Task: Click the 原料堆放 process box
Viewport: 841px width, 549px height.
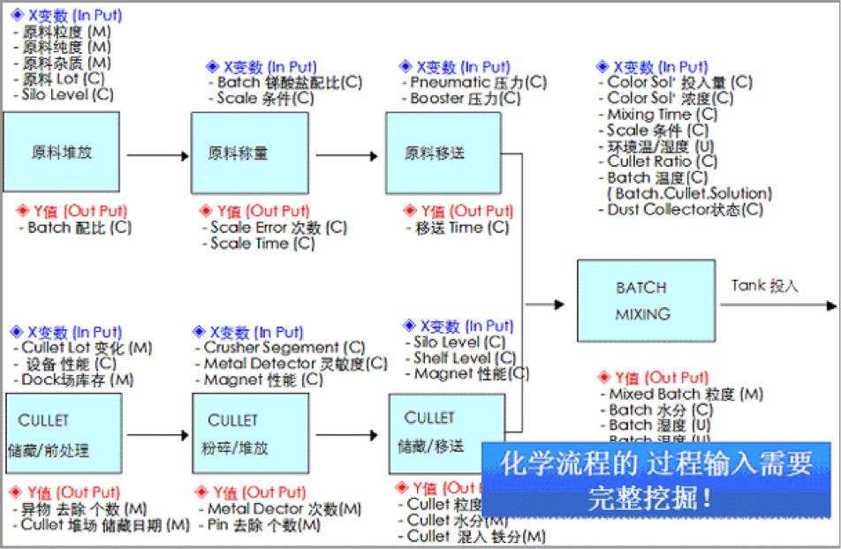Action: tap(61, 152)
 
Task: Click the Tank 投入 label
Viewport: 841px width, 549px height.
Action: tap(764, 285)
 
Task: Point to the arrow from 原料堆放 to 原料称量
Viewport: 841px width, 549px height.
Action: tap(157, 156)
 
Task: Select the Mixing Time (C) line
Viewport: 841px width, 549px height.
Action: tap(662, 114)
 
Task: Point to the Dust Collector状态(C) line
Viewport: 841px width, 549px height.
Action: tap(685, 209)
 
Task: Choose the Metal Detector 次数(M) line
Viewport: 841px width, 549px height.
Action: tap(284, 509)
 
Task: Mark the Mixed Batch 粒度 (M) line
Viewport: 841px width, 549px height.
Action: tap(686, 395)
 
